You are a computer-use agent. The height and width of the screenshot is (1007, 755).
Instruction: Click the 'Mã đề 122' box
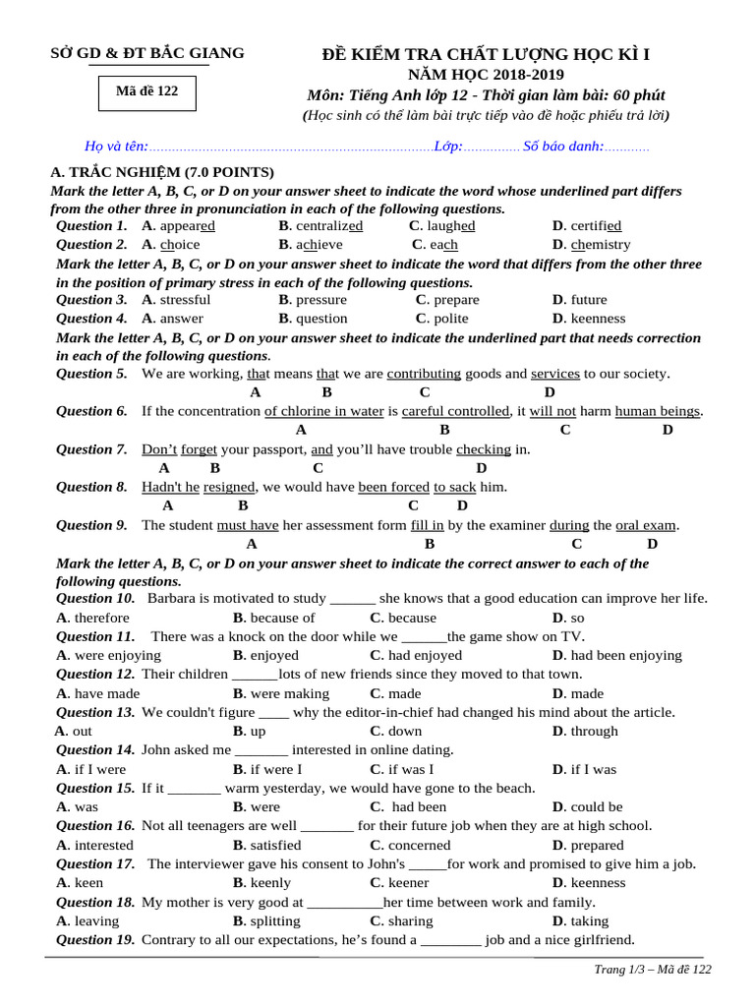146,91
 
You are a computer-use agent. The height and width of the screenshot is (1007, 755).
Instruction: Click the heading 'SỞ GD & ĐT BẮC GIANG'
147,53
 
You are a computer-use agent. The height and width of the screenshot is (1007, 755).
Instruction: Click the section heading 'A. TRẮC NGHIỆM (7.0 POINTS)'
162,172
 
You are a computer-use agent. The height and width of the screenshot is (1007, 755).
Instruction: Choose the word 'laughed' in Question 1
451,226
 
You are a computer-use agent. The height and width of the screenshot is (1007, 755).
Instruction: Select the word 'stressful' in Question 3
185,300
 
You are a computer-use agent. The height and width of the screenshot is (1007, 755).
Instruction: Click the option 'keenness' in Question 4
598,319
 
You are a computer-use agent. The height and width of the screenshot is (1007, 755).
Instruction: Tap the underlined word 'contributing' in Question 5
424,374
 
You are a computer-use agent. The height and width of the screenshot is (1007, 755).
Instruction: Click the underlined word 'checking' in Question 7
483,449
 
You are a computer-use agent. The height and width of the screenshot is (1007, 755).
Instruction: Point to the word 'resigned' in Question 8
229,487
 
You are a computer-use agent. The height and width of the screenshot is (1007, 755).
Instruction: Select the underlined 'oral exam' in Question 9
646,525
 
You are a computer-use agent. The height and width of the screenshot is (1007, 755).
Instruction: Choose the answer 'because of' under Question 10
281,618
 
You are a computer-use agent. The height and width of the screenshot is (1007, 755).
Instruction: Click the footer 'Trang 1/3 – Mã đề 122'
653,970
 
